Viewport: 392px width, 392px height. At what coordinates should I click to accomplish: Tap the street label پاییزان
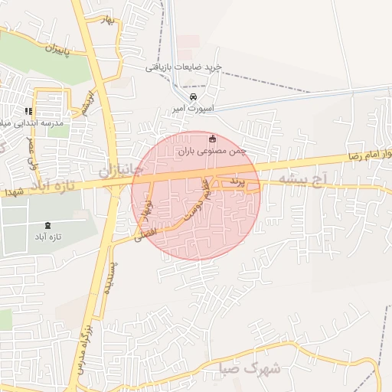(56, 52)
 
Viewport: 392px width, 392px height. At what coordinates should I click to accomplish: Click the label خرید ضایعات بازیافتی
(184, 67)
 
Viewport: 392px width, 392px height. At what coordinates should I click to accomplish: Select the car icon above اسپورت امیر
(193, 98)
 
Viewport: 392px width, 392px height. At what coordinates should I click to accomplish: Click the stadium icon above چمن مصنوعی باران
(213, 139)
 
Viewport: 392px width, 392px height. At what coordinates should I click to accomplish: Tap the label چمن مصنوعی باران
(214, 152)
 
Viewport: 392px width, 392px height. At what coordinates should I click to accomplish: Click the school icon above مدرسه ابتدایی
(29, 111)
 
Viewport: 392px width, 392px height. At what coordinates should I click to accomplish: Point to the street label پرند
(238, 181)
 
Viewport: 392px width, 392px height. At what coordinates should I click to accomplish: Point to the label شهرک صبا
(254, 368)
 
